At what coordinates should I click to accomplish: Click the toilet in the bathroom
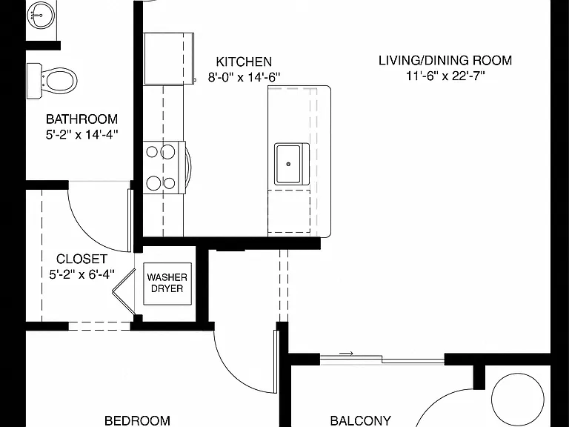[x=53, y=81]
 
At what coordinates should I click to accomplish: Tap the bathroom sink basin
[x=41, y=15]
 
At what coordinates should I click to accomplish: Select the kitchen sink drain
[x=288, y=164]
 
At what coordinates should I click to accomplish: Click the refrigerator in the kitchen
[x=169, y=59]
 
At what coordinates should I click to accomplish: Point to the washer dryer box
[x=167, y=284]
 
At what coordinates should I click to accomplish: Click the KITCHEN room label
[x=244, y=62]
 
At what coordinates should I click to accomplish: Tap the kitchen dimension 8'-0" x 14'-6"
[x=244, y=77]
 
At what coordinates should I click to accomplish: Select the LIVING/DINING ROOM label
[x=445, y=60]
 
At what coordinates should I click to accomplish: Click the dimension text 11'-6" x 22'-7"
[x=445, y=76]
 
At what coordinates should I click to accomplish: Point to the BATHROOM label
[x=82, y=119]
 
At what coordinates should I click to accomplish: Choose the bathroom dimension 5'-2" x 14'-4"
[x=82, y=135]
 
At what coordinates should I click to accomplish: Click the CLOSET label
[x=82, y=259]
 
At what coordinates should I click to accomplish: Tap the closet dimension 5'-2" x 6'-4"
[x=82, y=274]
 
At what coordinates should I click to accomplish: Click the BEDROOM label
[x=137, y=421]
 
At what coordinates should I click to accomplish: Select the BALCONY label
[x=361, y=421]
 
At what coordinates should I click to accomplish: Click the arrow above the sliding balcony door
[x=346, y=354]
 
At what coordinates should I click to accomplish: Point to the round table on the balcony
[x=518, y=399]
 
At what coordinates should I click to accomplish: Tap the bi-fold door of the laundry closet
[x=123, y=291]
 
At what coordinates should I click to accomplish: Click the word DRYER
[x=167, y=289]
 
